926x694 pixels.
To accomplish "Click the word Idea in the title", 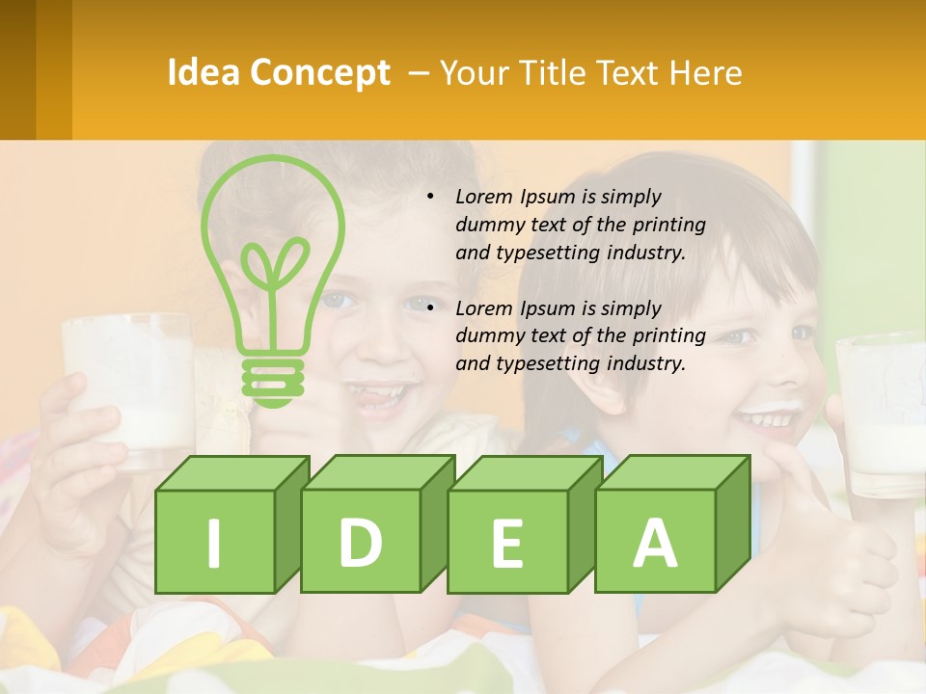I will point(203,73).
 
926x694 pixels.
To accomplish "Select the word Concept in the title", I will point(320,73).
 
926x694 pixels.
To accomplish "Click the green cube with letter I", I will point(215,541).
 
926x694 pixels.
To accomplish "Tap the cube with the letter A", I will point(655,541).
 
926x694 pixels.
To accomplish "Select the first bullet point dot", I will point(430,197).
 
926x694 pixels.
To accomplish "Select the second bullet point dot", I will point(430,308).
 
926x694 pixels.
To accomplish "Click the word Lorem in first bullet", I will point(485,197).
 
